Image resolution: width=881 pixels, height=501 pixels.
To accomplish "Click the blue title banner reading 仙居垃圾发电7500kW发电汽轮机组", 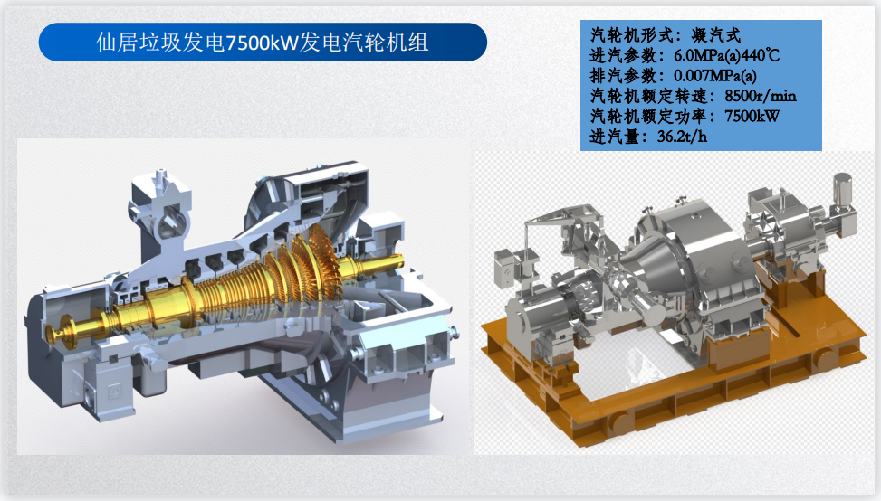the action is coord(263,43).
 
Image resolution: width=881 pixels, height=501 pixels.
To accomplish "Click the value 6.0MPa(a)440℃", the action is coord(726,55).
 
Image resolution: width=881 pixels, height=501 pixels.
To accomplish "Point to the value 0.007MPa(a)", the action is coord(714,75).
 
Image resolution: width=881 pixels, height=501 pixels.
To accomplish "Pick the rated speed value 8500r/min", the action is coord(761,95).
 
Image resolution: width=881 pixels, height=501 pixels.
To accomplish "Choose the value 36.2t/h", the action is coord(682,136).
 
